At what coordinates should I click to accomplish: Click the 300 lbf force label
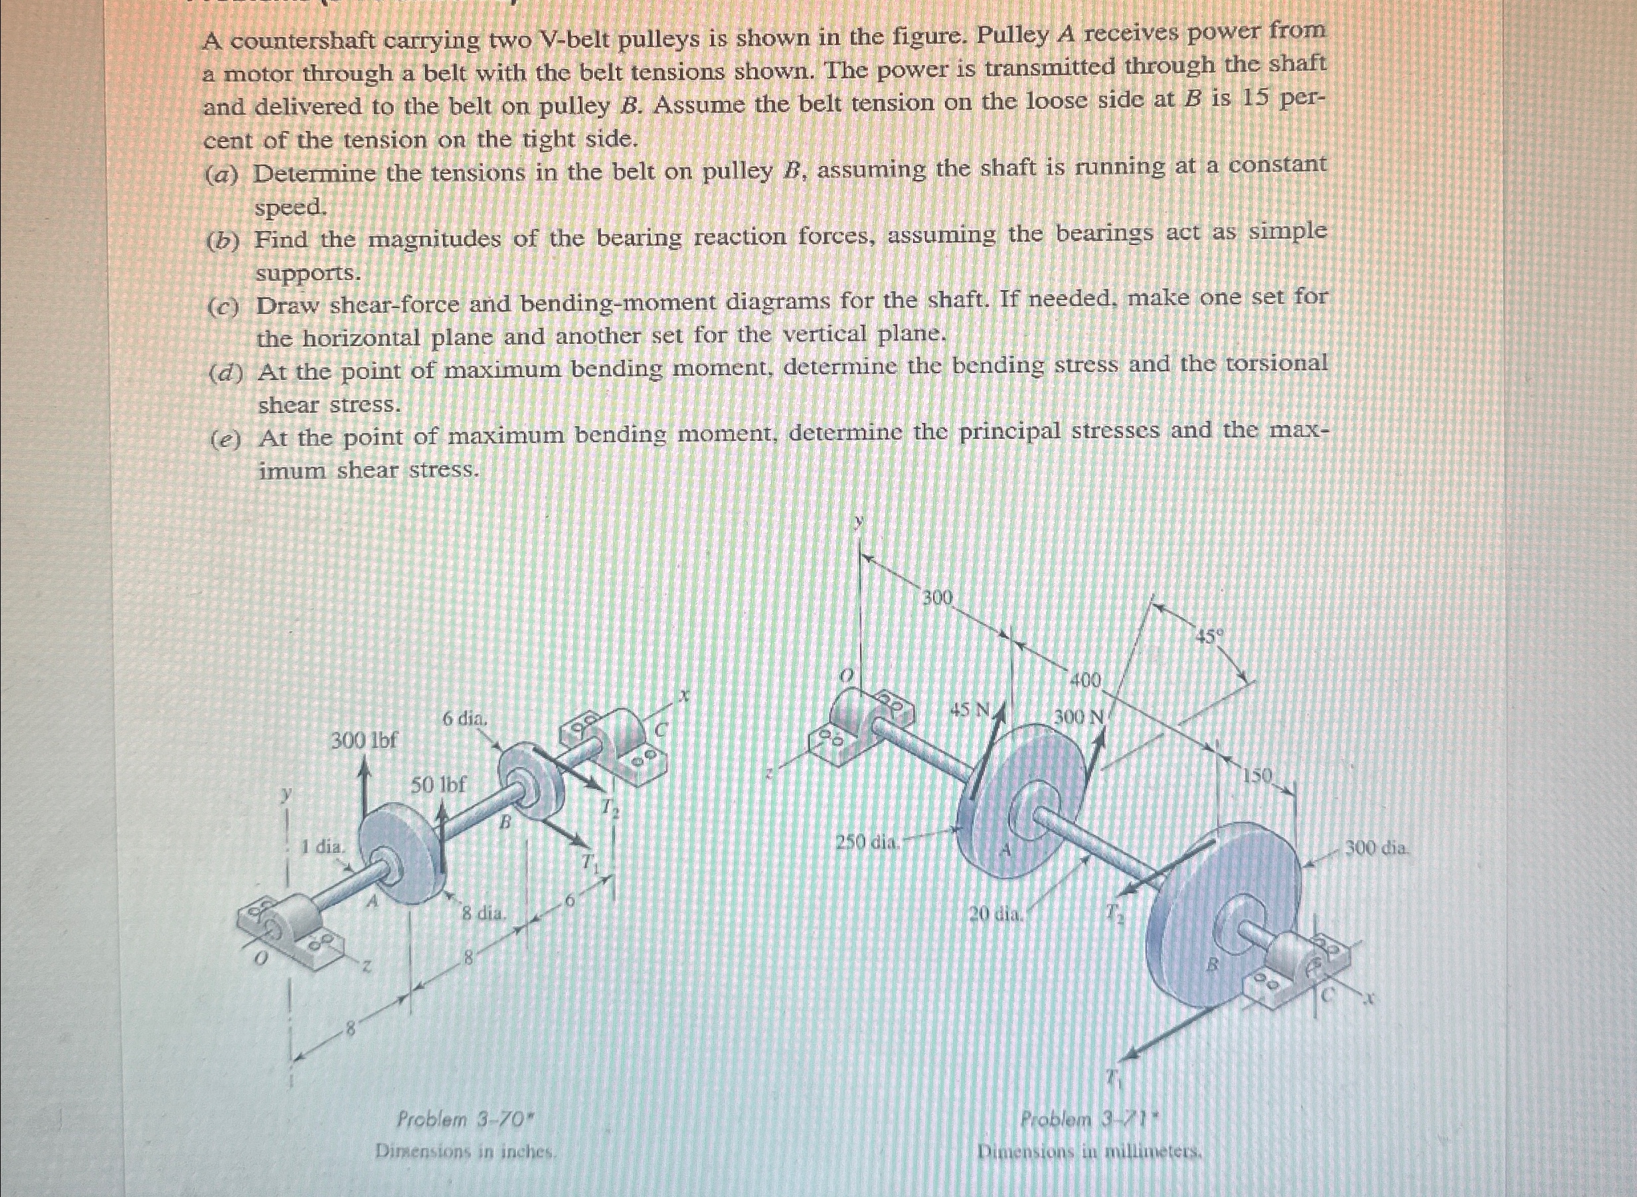(364, 740)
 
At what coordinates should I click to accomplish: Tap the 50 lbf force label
(439, 784)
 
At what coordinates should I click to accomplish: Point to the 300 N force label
(1078, 717)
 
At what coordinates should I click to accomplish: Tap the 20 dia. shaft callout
(996, 914)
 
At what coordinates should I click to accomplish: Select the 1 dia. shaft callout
(323, 846)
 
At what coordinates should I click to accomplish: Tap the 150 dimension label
(1258, 777)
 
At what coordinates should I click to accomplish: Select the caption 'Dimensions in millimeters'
(1090, 1151)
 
